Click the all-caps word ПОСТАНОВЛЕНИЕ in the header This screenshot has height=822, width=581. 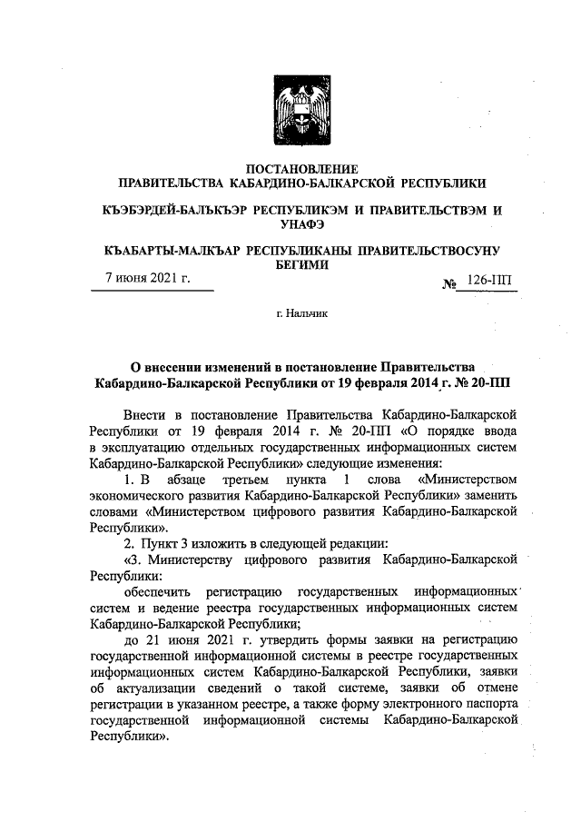pyautogui.click(x=303, y=168)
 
